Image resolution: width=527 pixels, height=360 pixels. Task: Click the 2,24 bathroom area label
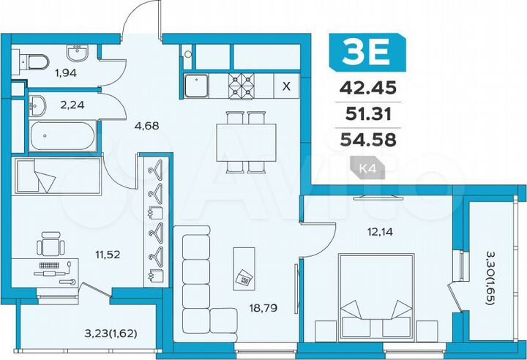[72, 105]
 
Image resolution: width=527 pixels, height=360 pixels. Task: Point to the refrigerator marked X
[286, 85]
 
